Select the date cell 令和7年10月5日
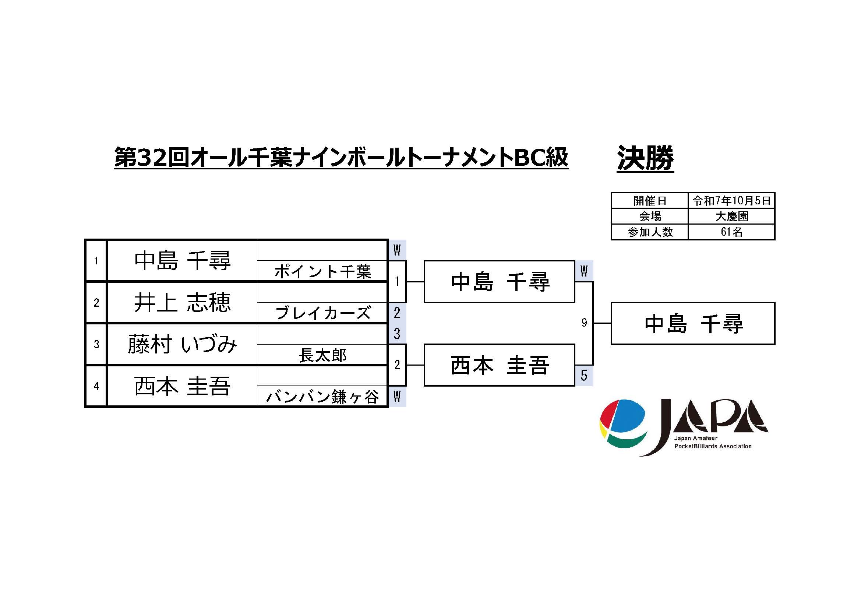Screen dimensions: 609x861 [731, 201]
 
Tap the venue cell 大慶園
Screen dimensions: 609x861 [731, 217]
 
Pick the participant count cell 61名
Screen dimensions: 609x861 [731, 232]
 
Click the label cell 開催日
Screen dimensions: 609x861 [649, 201]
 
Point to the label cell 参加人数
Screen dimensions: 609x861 [649, 232]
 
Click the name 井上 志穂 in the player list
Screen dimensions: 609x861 [182, 303]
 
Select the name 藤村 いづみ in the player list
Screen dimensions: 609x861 [182, 344]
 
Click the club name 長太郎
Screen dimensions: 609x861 [322, 355]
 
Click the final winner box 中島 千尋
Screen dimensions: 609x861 [693, 324]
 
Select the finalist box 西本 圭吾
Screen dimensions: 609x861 [500, 365]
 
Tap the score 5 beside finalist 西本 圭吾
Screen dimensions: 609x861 [584, 375]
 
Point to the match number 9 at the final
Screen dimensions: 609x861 [584, 323]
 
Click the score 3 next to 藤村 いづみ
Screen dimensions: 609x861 [397, 334]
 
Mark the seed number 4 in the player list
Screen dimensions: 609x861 [96, 386]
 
